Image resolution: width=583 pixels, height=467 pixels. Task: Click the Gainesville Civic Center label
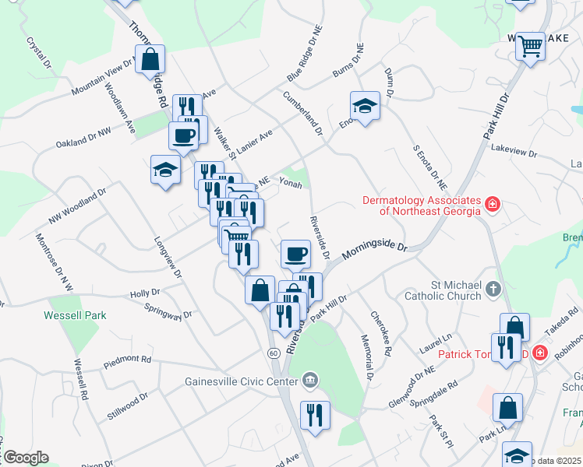(242, 381)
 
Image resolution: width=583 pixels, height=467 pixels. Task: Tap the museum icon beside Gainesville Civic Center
(310, 381)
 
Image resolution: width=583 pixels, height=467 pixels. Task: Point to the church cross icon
(493, 290)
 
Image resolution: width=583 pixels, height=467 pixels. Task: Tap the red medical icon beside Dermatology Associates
(493, 205)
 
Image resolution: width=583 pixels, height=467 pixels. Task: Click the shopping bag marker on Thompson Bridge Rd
(150, 59)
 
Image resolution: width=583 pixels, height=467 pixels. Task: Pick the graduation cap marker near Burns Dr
(364, 105)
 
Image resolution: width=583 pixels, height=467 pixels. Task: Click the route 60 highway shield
(273, 353)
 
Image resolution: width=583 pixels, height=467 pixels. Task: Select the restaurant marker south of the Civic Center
(315, 414)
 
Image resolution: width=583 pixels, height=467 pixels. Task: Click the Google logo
(26, 457)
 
